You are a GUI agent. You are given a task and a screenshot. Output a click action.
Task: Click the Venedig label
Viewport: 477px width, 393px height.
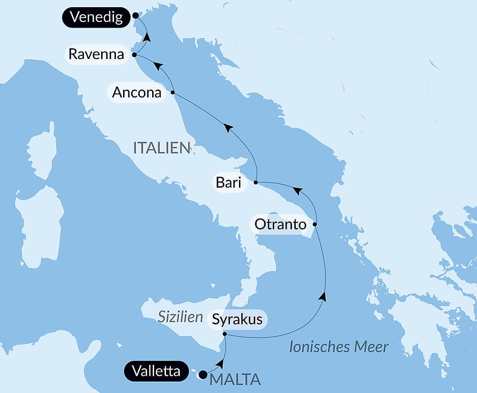[96, 17]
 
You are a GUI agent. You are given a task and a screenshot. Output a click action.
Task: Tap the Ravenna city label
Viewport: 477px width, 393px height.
[96, 54]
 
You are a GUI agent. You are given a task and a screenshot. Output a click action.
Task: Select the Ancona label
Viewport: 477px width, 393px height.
[136, 92]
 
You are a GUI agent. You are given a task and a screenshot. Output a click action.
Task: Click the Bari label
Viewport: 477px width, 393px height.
[228, 182]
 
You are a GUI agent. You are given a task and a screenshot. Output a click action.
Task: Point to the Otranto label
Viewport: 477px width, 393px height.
[280, 224]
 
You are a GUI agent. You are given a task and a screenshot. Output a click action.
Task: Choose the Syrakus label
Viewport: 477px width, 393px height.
[237, 319]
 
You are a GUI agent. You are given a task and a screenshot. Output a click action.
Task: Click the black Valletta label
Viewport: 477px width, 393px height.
[156, 371]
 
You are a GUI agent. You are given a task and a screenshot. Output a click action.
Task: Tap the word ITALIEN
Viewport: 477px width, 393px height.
[162, 148]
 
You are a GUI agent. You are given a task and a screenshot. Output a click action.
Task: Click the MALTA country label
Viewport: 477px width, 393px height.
[235, 380]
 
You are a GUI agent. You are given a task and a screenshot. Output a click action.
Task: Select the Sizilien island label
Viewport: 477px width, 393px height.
[180, 317]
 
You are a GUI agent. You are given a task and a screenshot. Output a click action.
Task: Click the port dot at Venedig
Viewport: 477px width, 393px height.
[135, 15]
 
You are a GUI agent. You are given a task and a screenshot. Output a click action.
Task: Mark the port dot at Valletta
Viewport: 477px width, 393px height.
[203, 374]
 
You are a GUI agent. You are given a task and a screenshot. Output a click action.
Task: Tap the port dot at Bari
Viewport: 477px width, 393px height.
[256, 182]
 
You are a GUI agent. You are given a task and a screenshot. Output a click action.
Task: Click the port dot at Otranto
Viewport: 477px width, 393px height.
[314, 224]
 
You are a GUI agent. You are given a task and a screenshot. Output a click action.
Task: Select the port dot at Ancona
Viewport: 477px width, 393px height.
[172, 92]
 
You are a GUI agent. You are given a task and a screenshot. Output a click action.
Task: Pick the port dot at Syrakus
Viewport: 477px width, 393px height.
[224, 335]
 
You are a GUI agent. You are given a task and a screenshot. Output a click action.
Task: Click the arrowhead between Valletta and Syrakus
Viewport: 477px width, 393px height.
[219, 364]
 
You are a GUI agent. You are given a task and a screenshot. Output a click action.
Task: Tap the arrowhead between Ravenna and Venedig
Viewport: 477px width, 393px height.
[147, 36]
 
